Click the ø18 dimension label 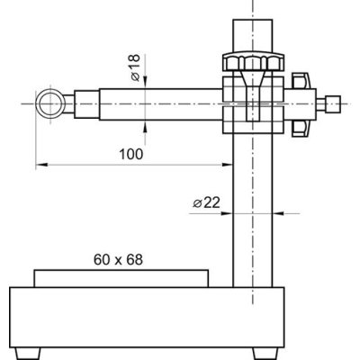(136, 67)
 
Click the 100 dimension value (131, 154)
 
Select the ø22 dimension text (206, 203)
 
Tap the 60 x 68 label (118, 260)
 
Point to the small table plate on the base (121, 278)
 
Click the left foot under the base (27, 353)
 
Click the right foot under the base (265, 353)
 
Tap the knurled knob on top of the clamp (253, 62)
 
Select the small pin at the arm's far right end (333, 103)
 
